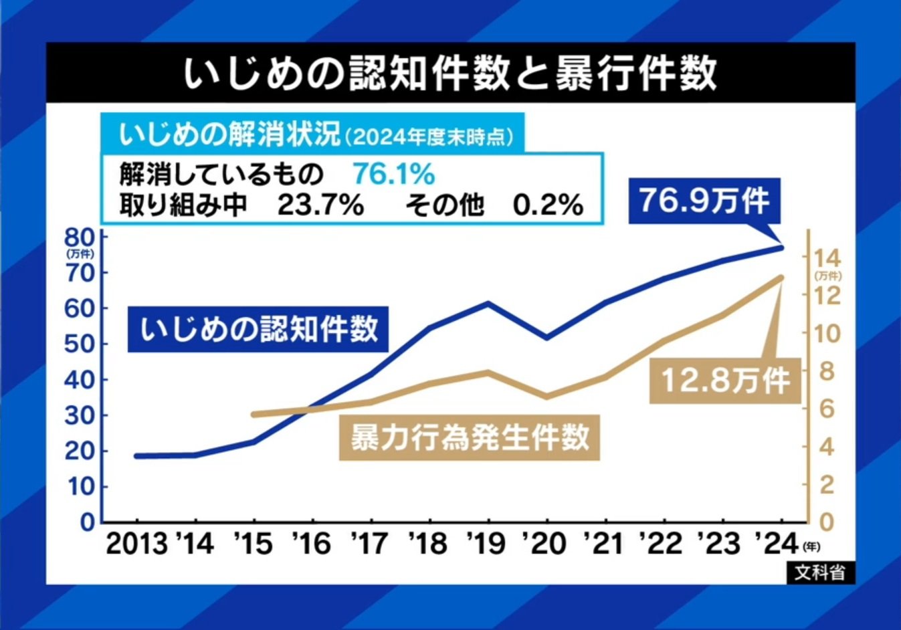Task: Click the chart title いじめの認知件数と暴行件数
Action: pos(450,73)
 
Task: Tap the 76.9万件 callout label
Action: pos(704,200)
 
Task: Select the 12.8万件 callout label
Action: pos(725,381)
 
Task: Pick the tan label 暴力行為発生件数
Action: pos(470,438)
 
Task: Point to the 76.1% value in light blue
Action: pos(394,175)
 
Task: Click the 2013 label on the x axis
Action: pos(137,544)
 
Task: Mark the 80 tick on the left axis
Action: pos(80,237)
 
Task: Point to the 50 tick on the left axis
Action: pos(80,344)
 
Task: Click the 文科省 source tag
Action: pos(820,572)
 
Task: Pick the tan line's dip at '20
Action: pos(547,397)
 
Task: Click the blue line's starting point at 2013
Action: pos(137,456)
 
